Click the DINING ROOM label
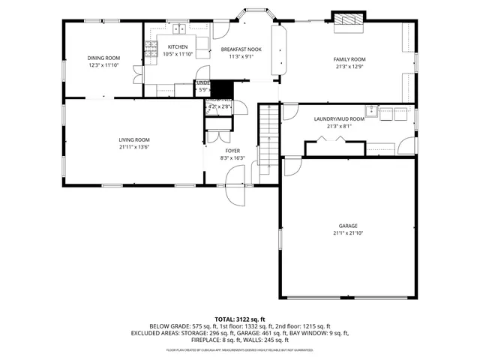click(103, 58)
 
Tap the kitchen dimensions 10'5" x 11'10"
click(178, 54)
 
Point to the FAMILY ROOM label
click(349, 58)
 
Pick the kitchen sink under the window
click(179, 29)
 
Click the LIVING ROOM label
click(134, 139)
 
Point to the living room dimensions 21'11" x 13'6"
click(134, 147)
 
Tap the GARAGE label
click(347, 226)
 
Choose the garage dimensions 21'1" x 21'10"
click(347, 233)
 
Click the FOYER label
click(232, 151)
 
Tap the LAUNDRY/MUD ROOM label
click(339, 118)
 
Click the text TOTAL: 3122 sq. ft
click(239, 319)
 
